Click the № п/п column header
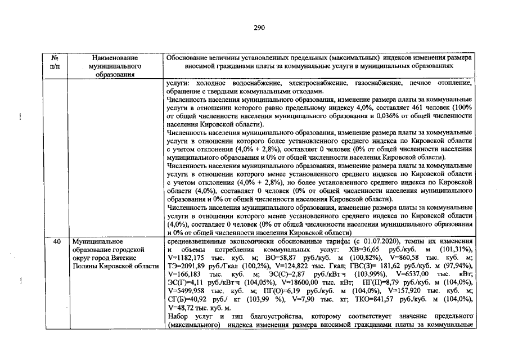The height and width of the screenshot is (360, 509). tap(56, 62)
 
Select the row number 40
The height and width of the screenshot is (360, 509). tap(56, 241)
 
